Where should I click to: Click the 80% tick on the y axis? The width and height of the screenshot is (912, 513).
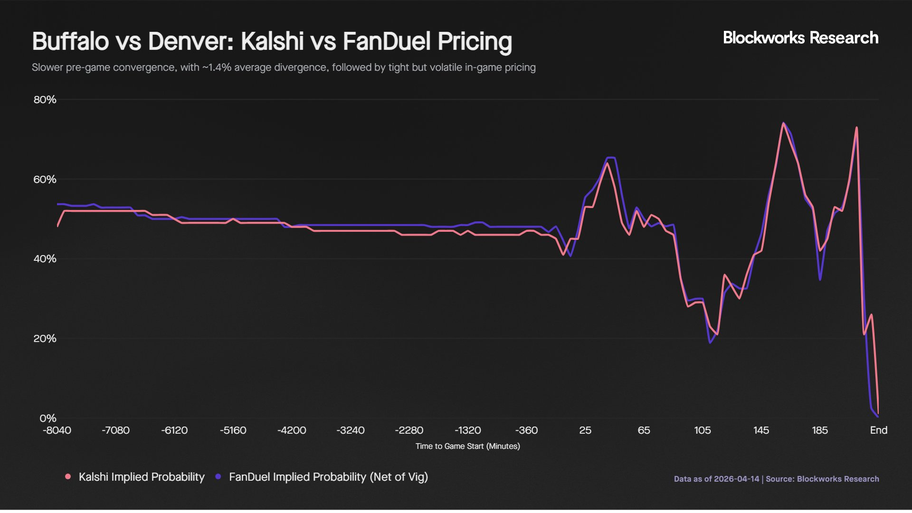coord(45,100)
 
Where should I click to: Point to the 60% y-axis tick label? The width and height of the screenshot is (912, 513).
coord(45,180)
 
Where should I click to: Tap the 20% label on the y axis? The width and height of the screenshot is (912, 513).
coord(45,339)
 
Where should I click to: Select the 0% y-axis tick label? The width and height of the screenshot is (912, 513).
coord(47,418)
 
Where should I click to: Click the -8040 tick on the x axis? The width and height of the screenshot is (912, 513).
coord(57,430)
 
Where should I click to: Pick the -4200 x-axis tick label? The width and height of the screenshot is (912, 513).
coord(292,430)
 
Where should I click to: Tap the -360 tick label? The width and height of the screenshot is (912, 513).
coord(526,430)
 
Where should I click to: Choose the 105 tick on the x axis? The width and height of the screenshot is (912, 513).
coord(702,430)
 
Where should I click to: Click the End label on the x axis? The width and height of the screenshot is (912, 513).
coord(878,430)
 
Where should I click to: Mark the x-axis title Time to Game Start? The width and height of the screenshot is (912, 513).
coord(467,446)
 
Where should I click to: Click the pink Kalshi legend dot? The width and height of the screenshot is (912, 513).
coord(68,476)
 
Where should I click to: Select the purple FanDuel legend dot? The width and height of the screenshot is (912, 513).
coord(218,476)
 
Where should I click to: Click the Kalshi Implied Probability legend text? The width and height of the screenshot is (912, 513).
coord(142,477)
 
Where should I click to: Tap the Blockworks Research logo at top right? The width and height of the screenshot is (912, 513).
coord(800,38)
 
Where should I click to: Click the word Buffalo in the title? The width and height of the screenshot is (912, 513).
coord(70,41)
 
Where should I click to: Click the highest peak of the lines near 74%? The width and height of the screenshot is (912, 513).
coord(783,123)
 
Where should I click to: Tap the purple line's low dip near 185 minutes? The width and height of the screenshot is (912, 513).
coord(820,279)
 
